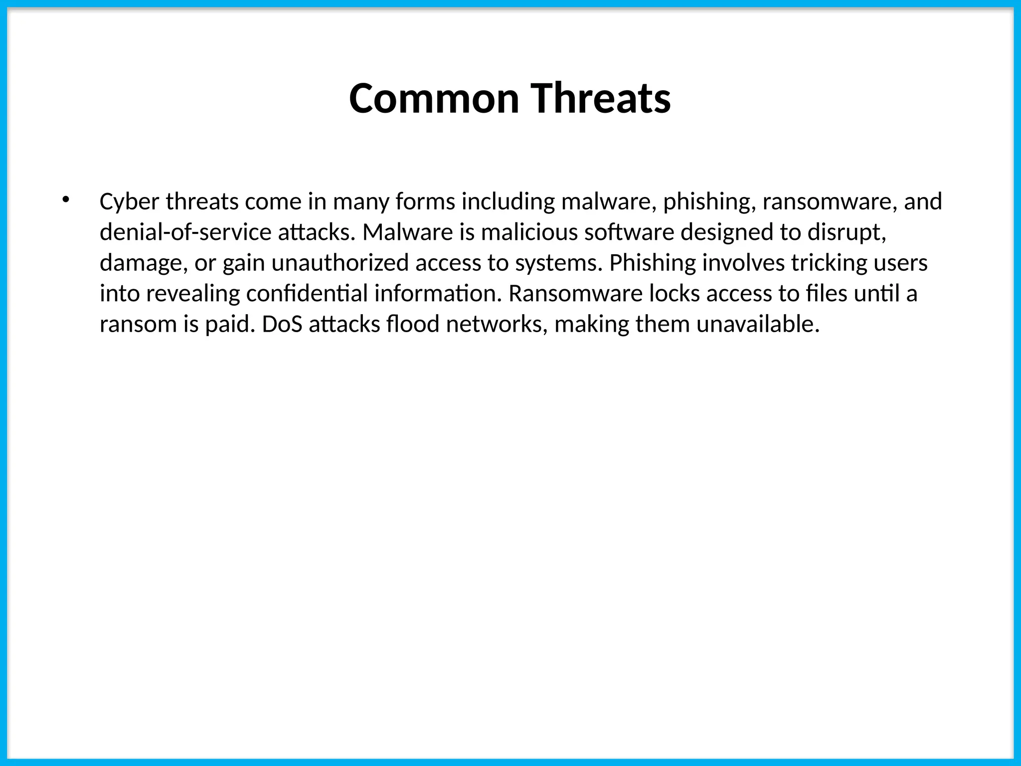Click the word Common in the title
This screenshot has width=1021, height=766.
(x=434, y=98)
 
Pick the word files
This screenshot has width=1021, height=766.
(x=826, y=294)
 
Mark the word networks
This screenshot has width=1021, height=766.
(x=497, y=325)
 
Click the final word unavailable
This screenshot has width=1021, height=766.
(x=758, y=325)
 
